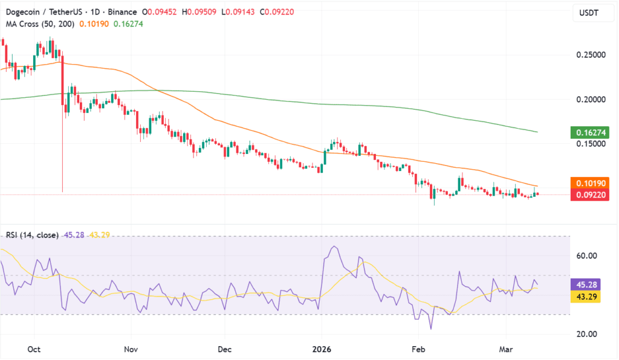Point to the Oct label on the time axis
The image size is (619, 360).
[34, 349]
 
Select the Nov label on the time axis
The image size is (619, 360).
[131, 349]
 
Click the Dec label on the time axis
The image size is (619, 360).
[224, 349]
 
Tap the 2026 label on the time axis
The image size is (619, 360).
[322, 349]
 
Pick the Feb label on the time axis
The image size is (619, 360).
[416, 349]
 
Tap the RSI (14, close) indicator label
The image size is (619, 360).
[32, 234]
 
